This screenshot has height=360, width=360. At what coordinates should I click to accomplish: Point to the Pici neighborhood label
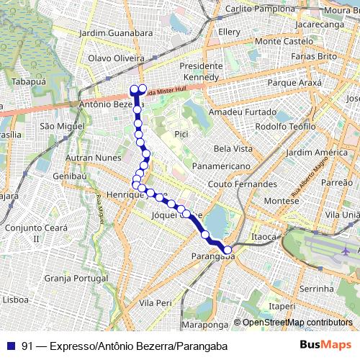(x=181, y=134)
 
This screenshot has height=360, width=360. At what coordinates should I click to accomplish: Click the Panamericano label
(x=222, y=166)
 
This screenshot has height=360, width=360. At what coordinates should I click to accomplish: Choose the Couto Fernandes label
(x=242, y=184)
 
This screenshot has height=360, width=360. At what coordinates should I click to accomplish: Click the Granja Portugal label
(x=75, y=277)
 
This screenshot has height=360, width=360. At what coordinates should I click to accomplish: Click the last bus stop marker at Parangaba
(x=228, y=250)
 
